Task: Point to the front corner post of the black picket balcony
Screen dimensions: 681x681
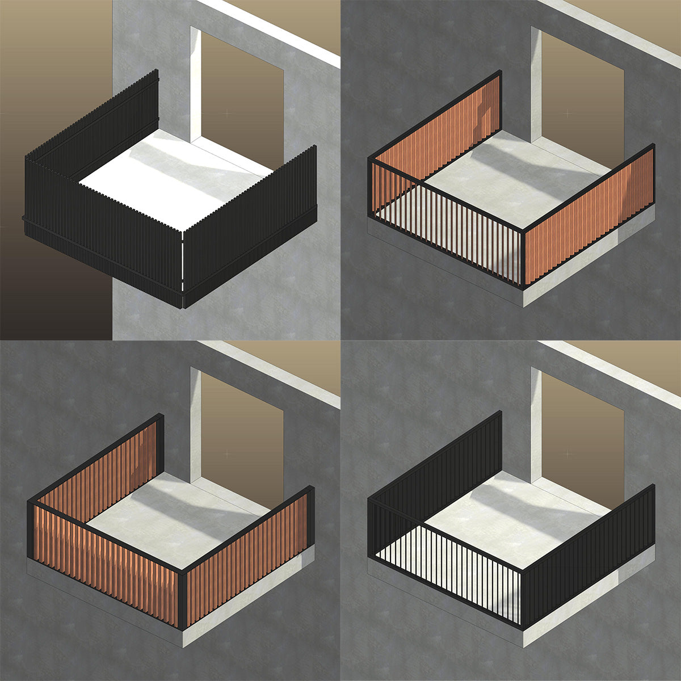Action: coord(182,267)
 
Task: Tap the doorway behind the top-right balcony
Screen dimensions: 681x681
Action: coord(585,96)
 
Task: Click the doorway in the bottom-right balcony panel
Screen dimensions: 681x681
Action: coord(585,437)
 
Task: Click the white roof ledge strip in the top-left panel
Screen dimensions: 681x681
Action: coord(272,28)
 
